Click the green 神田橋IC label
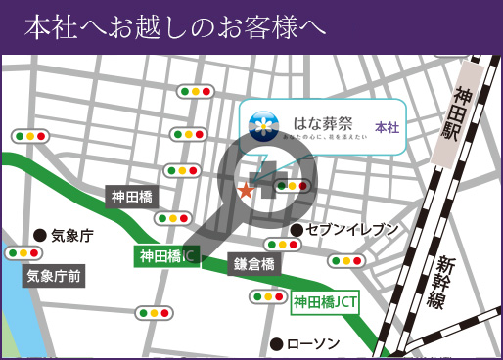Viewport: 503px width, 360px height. coord(166,257)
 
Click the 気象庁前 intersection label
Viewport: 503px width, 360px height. coord(55,277)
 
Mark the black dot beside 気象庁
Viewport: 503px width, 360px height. coord(40,235)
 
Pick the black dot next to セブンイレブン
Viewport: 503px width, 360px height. coord(296,230)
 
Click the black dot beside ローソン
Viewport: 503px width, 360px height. coord(277,343)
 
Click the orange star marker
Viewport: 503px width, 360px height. coord(245,190)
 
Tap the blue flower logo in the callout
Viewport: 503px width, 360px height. coord(263,126)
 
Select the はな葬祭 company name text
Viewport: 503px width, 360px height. coord(319,123)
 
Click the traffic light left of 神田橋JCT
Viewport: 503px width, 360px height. coord(267,296)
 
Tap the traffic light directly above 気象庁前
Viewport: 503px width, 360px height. coord(23,252)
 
